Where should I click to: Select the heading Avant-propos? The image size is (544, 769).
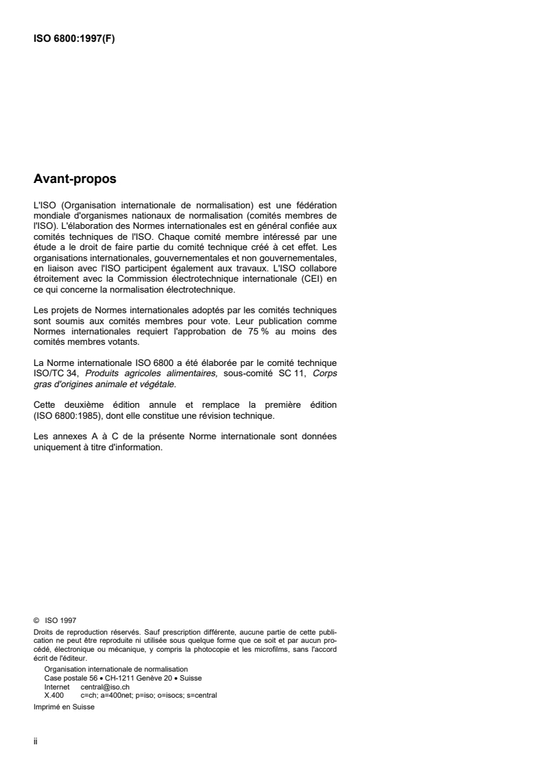click(x=75, y=180)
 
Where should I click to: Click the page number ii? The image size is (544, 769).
click(x=36, y=742)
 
